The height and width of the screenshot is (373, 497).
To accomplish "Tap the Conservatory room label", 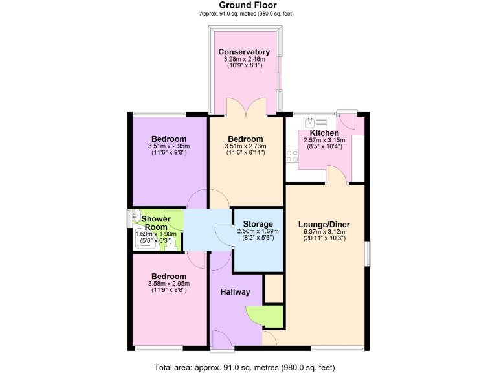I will click(244, 52).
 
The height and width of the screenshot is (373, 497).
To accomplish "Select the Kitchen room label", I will click(324, 133).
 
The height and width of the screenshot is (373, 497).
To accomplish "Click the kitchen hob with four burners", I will click(291, 156).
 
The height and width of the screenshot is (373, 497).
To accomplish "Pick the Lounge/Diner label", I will click(324, 225).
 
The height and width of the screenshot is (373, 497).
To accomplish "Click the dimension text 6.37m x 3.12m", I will click(324, 232).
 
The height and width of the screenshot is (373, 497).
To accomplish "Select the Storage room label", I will click(258, 223).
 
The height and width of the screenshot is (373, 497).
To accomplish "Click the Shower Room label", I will click(156, 223).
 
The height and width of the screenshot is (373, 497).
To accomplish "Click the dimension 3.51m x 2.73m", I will click(245, 146).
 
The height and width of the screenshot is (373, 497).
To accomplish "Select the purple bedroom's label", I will click(169, 139).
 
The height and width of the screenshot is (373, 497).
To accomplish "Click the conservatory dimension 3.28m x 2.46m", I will click(244, 59).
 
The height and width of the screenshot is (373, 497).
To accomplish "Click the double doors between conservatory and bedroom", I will click(246, 107).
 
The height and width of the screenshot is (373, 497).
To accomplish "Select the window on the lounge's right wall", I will click(367, 253).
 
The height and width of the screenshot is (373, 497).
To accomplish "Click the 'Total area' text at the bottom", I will click(244, 367).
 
